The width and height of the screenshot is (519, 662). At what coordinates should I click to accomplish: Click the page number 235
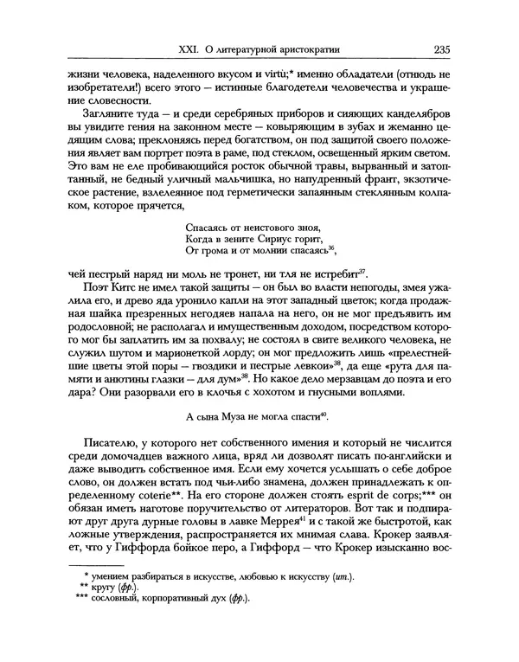coord(434,50)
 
